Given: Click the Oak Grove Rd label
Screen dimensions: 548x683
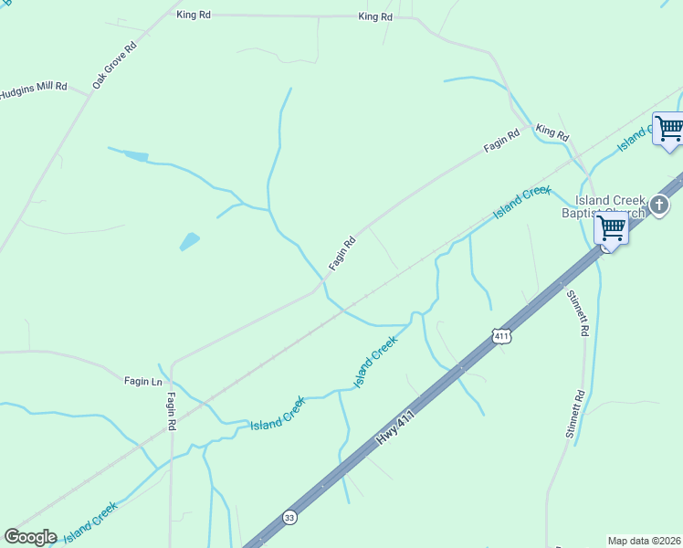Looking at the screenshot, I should tap(113, 64).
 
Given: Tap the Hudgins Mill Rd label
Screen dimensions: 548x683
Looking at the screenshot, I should tap(33, 90).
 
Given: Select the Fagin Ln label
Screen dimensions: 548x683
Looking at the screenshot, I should tap(142, 381).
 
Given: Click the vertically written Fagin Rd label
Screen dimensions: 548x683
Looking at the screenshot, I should tap(171, 413).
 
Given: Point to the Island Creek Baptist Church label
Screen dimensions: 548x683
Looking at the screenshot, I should tap(610, 206).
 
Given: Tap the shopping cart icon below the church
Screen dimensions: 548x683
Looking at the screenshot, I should tap(611, 227).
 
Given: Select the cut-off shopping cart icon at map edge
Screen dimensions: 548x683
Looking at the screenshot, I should tap(669, 128).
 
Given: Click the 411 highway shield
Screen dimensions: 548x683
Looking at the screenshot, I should tap(500, 336).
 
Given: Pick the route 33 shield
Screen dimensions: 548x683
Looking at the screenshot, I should tap(289, 516).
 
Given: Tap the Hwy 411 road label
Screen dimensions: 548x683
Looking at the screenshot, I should tap(395, 427).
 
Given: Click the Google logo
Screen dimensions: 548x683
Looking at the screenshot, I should tap(30, 537).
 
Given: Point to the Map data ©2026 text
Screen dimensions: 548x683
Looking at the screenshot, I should tap(645, 540).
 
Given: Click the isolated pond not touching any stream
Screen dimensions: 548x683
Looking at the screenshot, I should tap(189, 242).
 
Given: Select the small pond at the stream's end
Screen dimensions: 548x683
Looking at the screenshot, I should tap(135, 156).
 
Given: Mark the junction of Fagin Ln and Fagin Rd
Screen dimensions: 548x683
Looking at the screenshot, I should tap(171, 364).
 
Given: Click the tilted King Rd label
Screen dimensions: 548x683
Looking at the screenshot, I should tap(552, 132).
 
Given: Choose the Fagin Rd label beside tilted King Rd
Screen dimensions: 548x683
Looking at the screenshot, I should tap(501, 141).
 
